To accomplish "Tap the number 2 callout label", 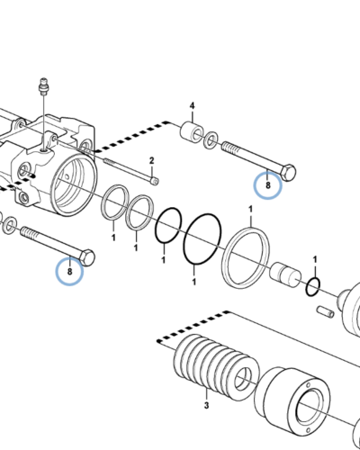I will (x=152, y=161).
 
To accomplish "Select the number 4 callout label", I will (x=192, y=107).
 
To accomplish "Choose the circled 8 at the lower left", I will (x=70, y=269).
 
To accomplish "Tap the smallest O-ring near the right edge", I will (x=311, y=287).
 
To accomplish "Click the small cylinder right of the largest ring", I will (x=287, y=274).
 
